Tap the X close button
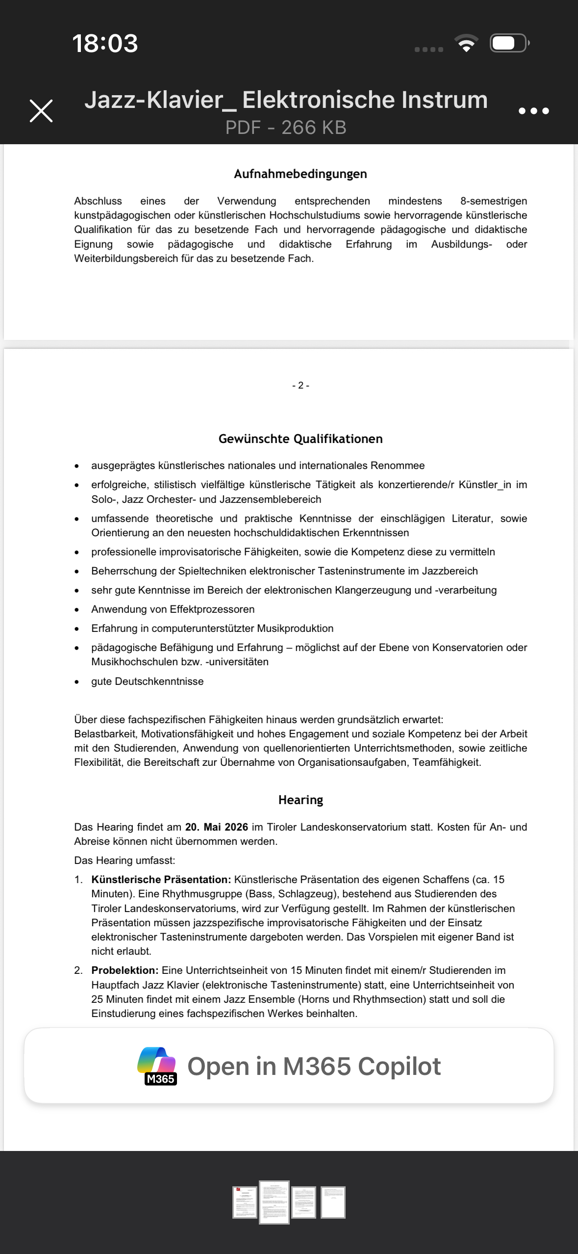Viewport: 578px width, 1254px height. [41, 111]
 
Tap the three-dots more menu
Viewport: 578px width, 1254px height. [533, 111]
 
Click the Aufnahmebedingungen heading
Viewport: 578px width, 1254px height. [300, 174]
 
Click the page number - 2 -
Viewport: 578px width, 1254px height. [300, 386]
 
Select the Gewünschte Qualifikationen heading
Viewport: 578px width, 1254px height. [300, 439]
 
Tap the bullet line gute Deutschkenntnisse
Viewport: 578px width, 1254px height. [147, 681]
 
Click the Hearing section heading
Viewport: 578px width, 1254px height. [300, 800]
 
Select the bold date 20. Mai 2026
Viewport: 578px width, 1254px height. [216, 827]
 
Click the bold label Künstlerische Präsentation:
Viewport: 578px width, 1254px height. [161, 880]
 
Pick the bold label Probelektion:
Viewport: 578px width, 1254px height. [125, 970]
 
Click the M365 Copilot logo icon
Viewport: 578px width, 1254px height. [157, 1066]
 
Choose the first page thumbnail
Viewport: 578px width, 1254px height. [245, 1202]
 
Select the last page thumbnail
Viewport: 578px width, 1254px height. [333, 1202]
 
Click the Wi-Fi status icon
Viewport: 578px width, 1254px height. [466, 43]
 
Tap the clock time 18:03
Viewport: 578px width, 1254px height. [105, 43]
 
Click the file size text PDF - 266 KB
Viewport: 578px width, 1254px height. [286, 128]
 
